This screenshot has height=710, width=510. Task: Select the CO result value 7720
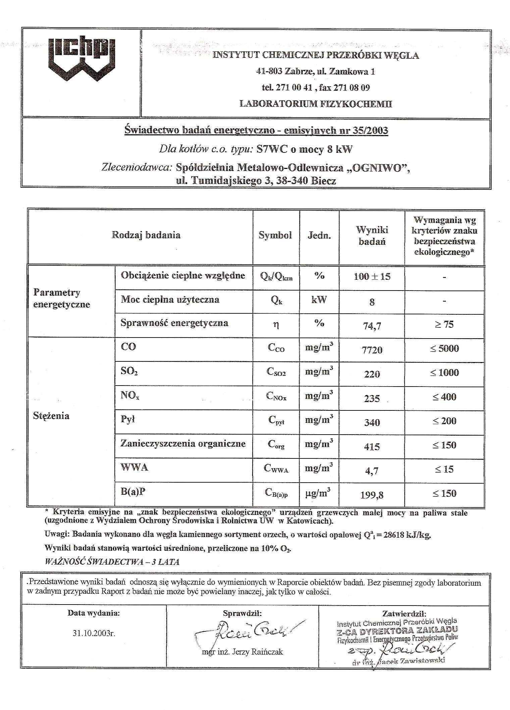pos(372,350)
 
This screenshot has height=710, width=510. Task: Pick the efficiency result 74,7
pos(372,325)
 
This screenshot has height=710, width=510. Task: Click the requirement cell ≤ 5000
pos(444,348)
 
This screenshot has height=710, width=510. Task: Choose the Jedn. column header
pos(319,235)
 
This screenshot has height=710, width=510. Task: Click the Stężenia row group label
pos(51,416)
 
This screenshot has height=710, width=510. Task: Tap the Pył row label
pos(127,419)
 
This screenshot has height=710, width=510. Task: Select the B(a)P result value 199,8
pos(372,495)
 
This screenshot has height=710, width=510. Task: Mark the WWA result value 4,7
pos(372,471)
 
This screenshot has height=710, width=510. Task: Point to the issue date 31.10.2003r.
pos(94,633)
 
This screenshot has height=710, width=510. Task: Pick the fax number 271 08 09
pos(352,88)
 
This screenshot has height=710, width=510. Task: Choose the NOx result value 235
pos(372,398)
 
